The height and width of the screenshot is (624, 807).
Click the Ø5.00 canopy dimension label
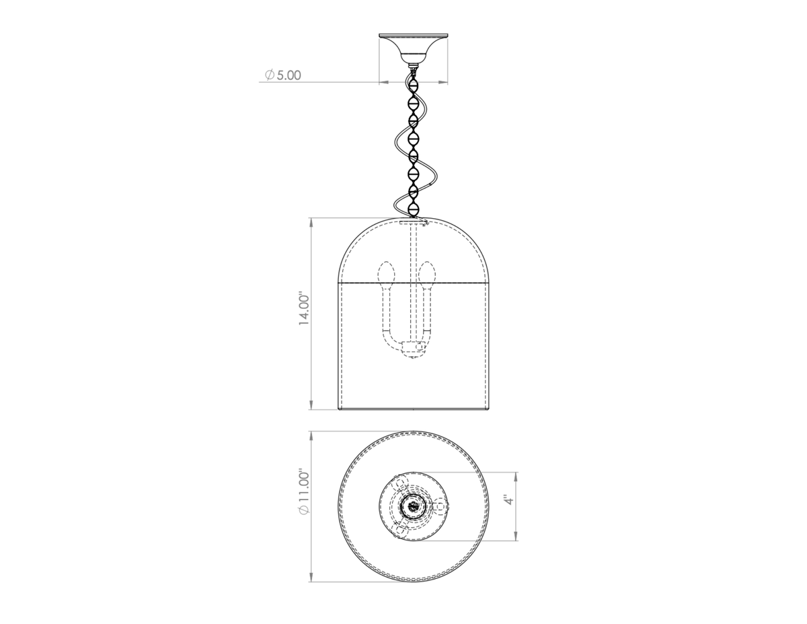click(282, 75)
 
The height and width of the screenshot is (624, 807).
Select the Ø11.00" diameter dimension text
click(304, 493)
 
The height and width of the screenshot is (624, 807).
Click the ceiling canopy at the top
click(413, 48)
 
